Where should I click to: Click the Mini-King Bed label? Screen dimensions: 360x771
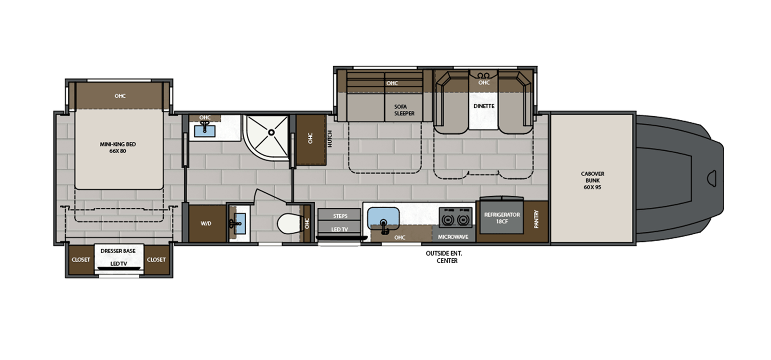[118, 147]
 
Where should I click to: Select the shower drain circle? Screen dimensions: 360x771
[271, 132]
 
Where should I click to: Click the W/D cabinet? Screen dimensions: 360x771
[206, 224]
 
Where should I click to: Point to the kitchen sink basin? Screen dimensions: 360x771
[384, 217]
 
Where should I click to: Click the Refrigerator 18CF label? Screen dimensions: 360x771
[502, 218]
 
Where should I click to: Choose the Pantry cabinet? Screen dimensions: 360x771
[536, 219]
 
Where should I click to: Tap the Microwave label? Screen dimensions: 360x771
[453, 237]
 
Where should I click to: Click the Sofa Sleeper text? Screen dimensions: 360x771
[404, 110]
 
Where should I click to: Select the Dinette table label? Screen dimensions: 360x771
[483, 106]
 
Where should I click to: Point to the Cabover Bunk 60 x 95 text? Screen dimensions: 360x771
[592, 180]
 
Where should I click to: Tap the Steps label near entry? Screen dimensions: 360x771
[340, 216]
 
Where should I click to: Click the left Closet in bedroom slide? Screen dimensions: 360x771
[81, 259]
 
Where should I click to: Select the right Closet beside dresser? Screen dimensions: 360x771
[156, 259]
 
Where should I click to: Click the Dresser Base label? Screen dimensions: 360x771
[118, 251]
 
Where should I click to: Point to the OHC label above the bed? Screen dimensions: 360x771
[120, 96]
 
